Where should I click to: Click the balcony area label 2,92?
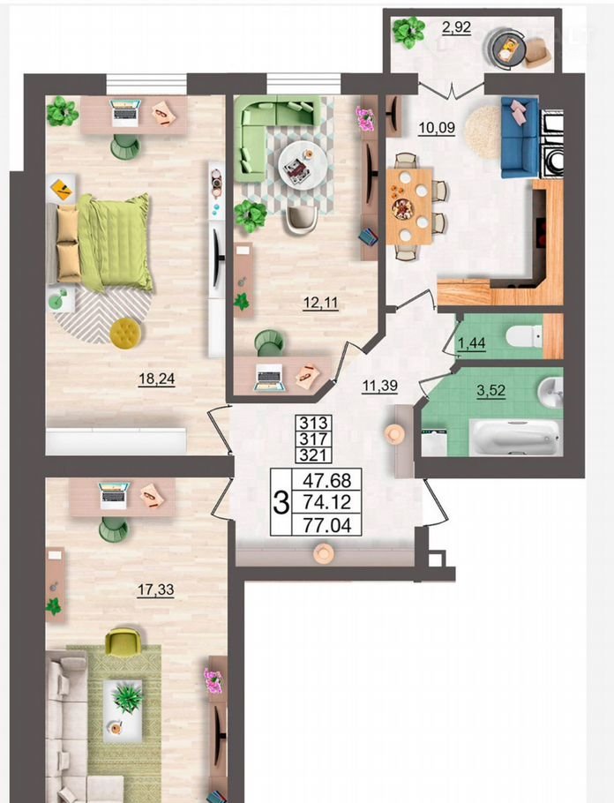pyautogui.click(x=456, y=27)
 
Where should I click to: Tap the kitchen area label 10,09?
pyautogui.click(x=437, y=128)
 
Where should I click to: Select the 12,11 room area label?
pyautogui.click(x=320, y=303)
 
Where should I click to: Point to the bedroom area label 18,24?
pyautogui.click(x=157, y=379)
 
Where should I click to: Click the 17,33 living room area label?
pyautogui.click(x=155, y=590)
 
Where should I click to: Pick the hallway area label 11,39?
pyautogui.click(x=380, y=386)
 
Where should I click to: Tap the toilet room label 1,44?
pyautogui.click(x=472, y=342)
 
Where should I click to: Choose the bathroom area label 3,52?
pyautogui.click(x=491, y=391)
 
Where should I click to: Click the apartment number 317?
pyautogui.click(x=313, y=439)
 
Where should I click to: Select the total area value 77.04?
pyautogui.click(x=327, y=525)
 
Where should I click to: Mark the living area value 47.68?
pyautogui.click(x=327, y=480)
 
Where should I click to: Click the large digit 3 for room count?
pyautogui.click(x=281, y=502)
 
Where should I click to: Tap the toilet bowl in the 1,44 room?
pyautogui.click(x=524, y=336)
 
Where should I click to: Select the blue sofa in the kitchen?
pyautogui.click(x=520, y=138)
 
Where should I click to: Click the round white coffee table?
pyautogui.click(x=303, y=165)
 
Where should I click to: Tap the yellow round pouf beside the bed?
pyautogui.click(x=125, y=334)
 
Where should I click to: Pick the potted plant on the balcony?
pyautogui.click(x=408, y=32)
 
